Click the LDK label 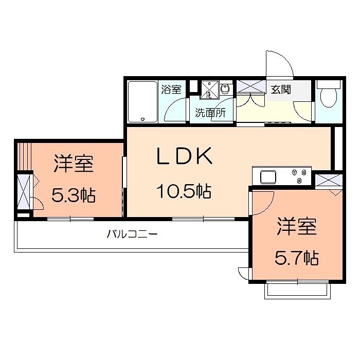pos(184,156)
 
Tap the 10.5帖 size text pos(184,191)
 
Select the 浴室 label pos(171,89)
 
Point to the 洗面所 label pos(210,113)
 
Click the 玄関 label pos(281,89)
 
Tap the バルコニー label pos(132,234)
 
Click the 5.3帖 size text pos(74,195)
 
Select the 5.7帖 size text pos(297,258)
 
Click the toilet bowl pos(329,97)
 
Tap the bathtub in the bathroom pos(142,102)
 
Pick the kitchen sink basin pos(268,177)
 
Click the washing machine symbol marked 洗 pos(209,90)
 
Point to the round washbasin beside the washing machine pos(225,88)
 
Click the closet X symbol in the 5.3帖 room pos(24,192)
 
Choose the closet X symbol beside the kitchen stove pos(329,180)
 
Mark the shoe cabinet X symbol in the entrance pos(251,86)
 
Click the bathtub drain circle pos(142,119)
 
